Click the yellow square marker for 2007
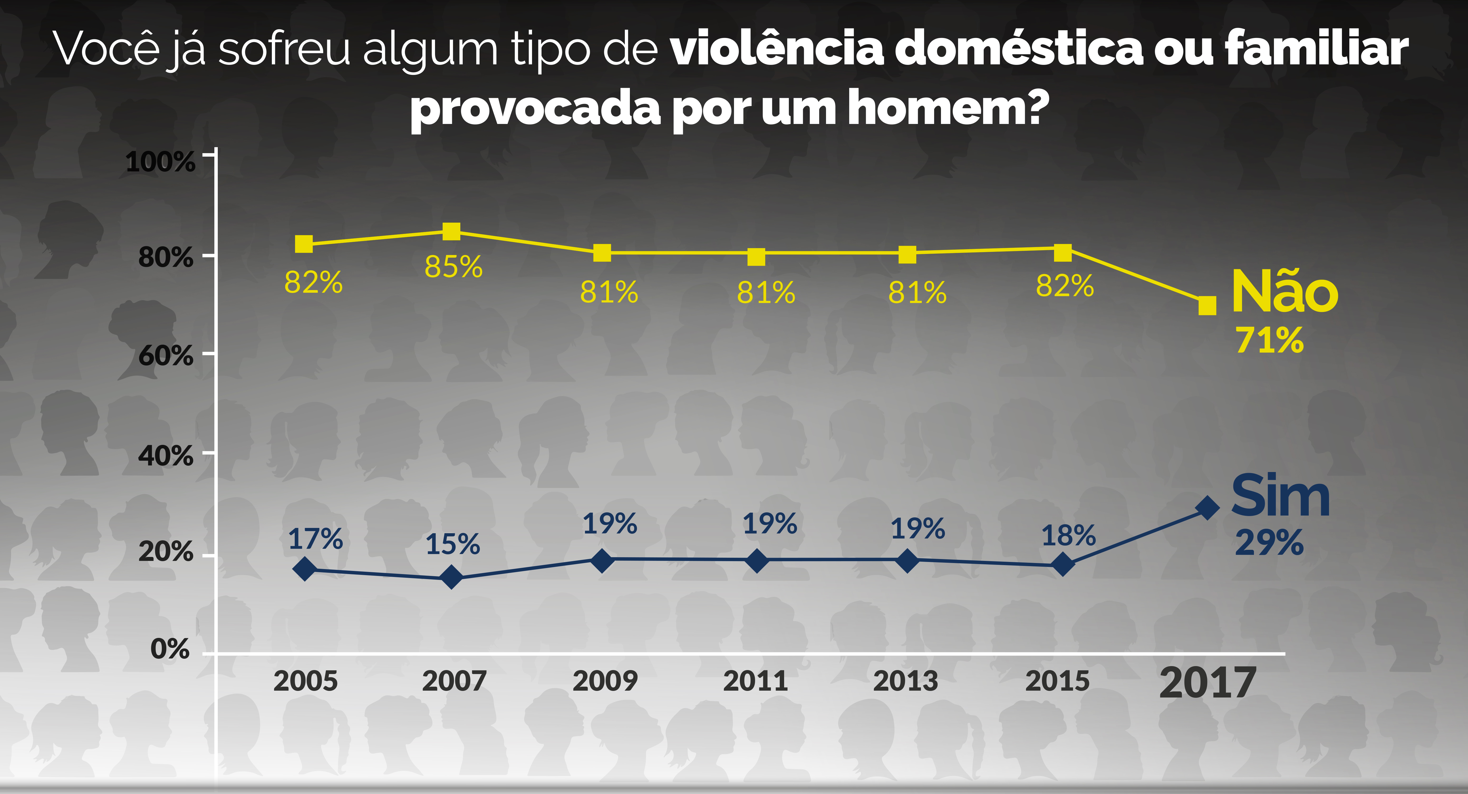click(x=451, y=232)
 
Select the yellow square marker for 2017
click(x=1207, y=306)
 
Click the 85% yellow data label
click(x=454, y=267)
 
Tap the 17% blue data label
click(x=315, y=539)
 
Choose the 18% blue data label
click(x=1069, y=536)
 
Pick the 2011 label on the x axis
click(x=756, y=681)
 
